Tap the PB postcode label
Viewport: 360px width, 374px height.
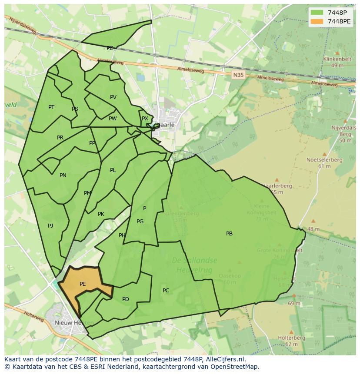(x=229, y=234)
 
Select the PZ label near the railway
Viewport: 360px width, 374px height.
(x=110, y=48)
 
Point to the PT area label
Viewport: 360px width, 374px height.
(x=51, y=107)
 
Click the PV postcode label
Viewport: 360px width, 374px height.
(x=113, y=97)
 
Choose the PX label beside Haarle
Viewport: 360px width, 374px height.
(x=145, y=119)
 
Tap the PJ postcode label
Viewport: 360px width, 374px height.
(x=50, y=225)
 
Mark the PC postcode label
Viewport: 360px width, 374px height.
(x=166, y=290)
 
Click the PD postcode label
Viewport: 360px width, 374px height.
(x=126, y=299)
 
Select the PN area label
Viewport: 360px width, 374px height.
(x=63, y=175)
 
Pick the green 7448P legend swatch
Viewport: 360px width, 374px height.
(x=317, y=12)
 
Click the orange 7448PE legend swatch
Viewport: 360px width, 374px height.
(x=317, y=21)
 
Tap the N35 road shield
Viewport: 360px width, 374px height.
(x=238, y=75)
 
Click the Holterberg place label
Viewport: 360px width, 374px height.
(x=291, y=338)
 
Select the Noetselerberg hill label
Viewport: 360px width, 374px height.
(x=324, y=159)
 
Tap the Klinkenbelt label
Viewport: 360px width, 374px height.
(x=337, y=59)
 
